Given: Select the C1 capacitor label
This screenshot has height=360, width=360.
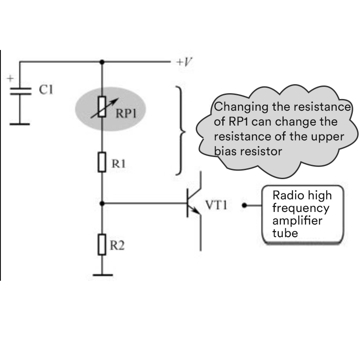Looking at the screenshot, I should point(45,90).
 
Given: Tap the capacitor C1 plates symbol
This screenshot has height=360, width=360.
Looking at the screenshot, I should point(20,91).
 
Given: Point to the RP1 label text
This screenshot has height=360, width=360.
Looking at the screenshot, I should point(126,113).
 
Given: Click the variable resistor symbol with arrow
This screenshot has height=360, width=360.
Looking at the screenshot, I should point(102,107).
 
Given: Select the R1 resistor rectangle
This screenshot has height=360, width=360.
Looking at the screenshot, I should point(102,162).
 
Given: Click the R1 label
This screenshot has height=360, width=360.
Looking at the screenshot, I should point(118,164).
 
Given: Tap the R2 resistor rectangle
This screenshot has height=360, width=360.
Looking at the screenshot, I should point(102,244).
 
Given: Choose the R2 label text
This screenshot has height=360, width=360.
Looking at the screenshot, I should point(118,246).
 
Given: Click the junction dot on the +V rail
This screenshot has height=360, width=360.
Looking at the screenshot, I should point(102,62).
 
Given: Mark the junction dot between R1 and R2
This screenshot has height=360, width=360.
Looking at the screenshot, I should point(102,203).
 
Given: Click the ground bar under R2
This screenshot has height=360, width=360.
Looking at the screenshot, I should point(102,274).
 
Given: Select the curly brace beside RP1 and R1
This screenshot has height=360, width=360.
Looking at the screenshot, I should point(180,130).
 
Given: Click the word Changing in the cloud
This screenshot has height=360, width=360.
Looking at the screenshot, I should point(236,108).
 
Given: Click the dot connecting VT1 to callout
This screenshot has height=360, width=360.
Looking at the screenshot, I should point(244,205).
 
